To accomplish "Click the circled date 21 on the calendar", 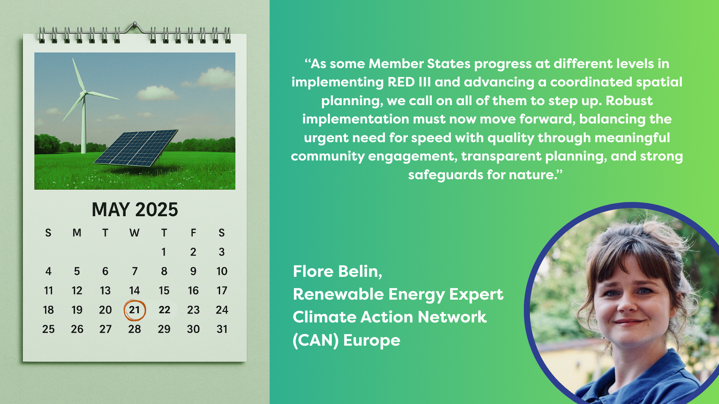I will click(134, 310).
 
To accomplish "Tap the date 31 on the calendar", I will click(222, 329).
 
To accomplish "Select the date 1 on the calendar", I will click(164, 252).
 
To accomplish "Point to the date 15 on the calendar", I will click(164, 291).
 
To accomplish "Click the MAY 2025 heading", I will click(135, 209).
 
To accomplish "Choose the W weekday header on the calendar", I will click(134, 233).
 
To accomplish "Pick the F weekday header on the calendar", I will click(193, 233).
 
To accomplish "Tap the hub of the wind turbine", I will click(85, 92).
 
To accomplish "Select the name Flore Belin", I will click(337, 272).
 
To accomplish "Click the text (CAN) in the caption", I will click(316, 340).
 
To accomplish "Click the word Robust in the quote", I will click(629, 101).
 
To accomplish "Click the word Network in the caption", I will click(452, 317).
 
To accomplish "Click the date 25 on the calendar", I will click(48, 329).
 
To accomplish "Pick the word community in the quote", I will click(327, 156).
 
